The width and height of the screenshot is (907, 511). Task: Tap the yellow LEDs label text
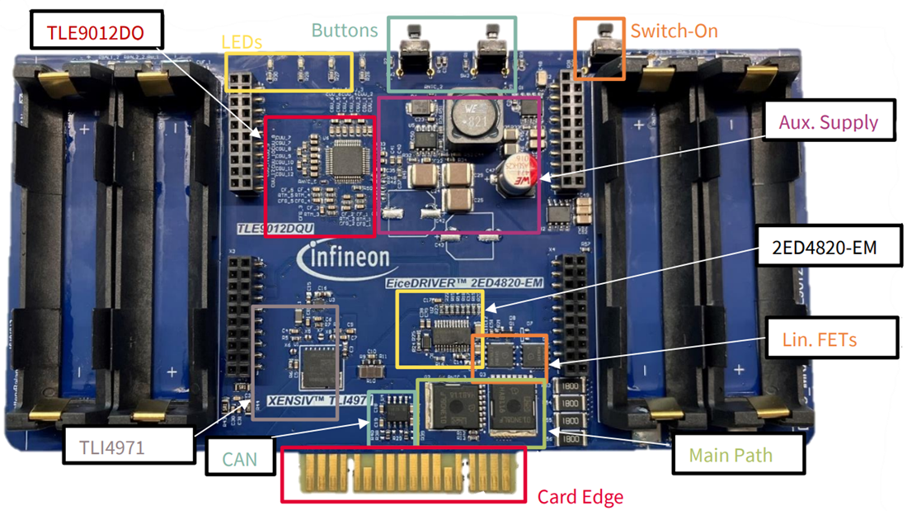242,41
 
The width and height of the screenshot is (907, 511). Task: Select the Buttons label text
345,31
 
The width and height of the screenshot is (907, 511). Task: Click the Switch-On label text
674,31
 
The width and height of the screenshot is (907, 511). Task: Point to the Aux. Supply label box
829,122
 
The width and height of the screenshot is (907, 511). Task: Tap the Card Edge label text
580,496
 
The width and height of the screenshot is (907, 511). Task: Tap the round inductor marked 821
473,122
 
